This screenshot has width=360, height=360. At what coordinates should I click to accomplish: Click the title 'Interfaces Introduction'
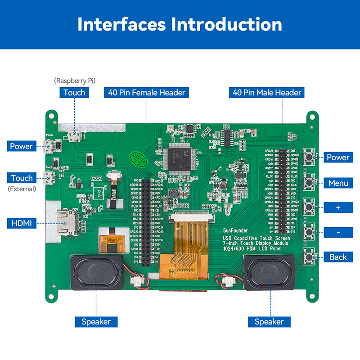click(180, 24)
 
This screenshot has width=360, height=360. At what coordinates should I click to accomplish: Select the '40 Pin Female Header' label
click(146, 93)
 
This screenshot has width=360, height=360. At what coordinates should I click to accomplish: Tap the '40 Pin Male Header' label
click(267, 93)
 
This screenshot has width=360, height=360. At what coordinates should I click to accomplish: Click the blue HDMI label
click(22, 223)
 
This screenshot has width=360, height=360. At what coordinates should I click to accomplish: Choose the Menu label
click(338, 183)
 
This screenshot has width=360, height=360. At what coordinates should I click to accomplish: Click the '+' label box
click(338, 207)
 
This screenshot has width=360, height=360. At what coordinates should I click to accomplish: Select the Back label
click(338, 257)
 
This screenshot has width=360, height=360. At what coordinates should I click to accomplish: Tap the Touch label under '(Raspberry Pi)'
click(74, 93)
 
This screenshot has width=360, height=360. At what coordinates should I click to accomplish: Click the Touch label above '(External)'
click(22, 178)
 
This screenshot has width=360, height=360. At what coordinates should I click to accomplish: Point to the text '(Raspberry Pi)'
click(74, 81)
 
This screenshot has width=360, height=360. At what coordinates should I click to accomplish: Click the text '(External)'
click(22, 189)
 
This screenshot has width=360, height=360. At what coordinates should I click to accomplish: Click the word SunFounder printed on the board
click(235, 231)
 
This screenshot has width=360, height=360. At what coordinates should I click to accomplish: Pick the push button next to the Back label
click(309, 257)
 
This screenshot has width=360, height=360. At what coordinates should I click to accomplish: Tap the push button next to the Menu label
click(309, 181)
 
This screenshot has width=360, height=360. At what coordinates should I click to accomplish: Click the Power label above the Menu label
click(338, 157)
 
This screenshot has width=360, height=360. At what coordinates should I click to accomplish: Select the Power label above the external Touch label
click(22, 146)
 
